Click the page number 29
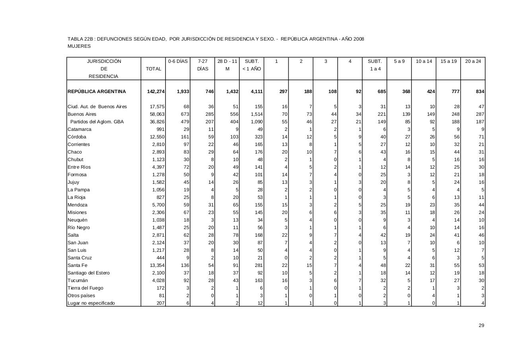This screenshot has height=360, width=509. [x=481, y=325]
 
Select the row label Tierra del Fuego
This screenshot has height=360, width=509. [x=85, y=288]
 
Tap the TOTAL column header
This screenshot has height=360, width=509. [x=153, y=69]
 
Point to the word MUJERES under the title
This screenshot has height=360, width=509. [x=79, y=46]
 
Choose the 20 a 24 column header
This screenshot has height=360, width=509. [x=473, y=61]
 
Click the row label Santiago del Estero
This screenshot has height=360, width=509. [x=88, y=273]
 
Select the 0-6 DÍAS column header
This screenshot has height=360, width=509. [x=178, y=61]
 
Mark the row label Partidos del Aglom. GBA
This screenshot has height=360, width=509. [x=97, y=122]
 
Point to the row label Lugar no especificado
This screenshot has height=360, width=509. [x=91, y=303]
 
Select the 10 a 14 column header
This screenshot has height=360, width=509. [x=424, y=61]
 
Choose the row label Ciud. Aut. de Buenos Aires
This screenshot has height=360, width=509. [x=97, y=107]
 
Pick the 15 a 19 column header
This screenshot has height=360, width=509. [x=449, y=61]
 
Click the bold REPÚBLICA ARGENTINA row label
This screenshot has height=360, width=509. [x=97, y=91]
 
